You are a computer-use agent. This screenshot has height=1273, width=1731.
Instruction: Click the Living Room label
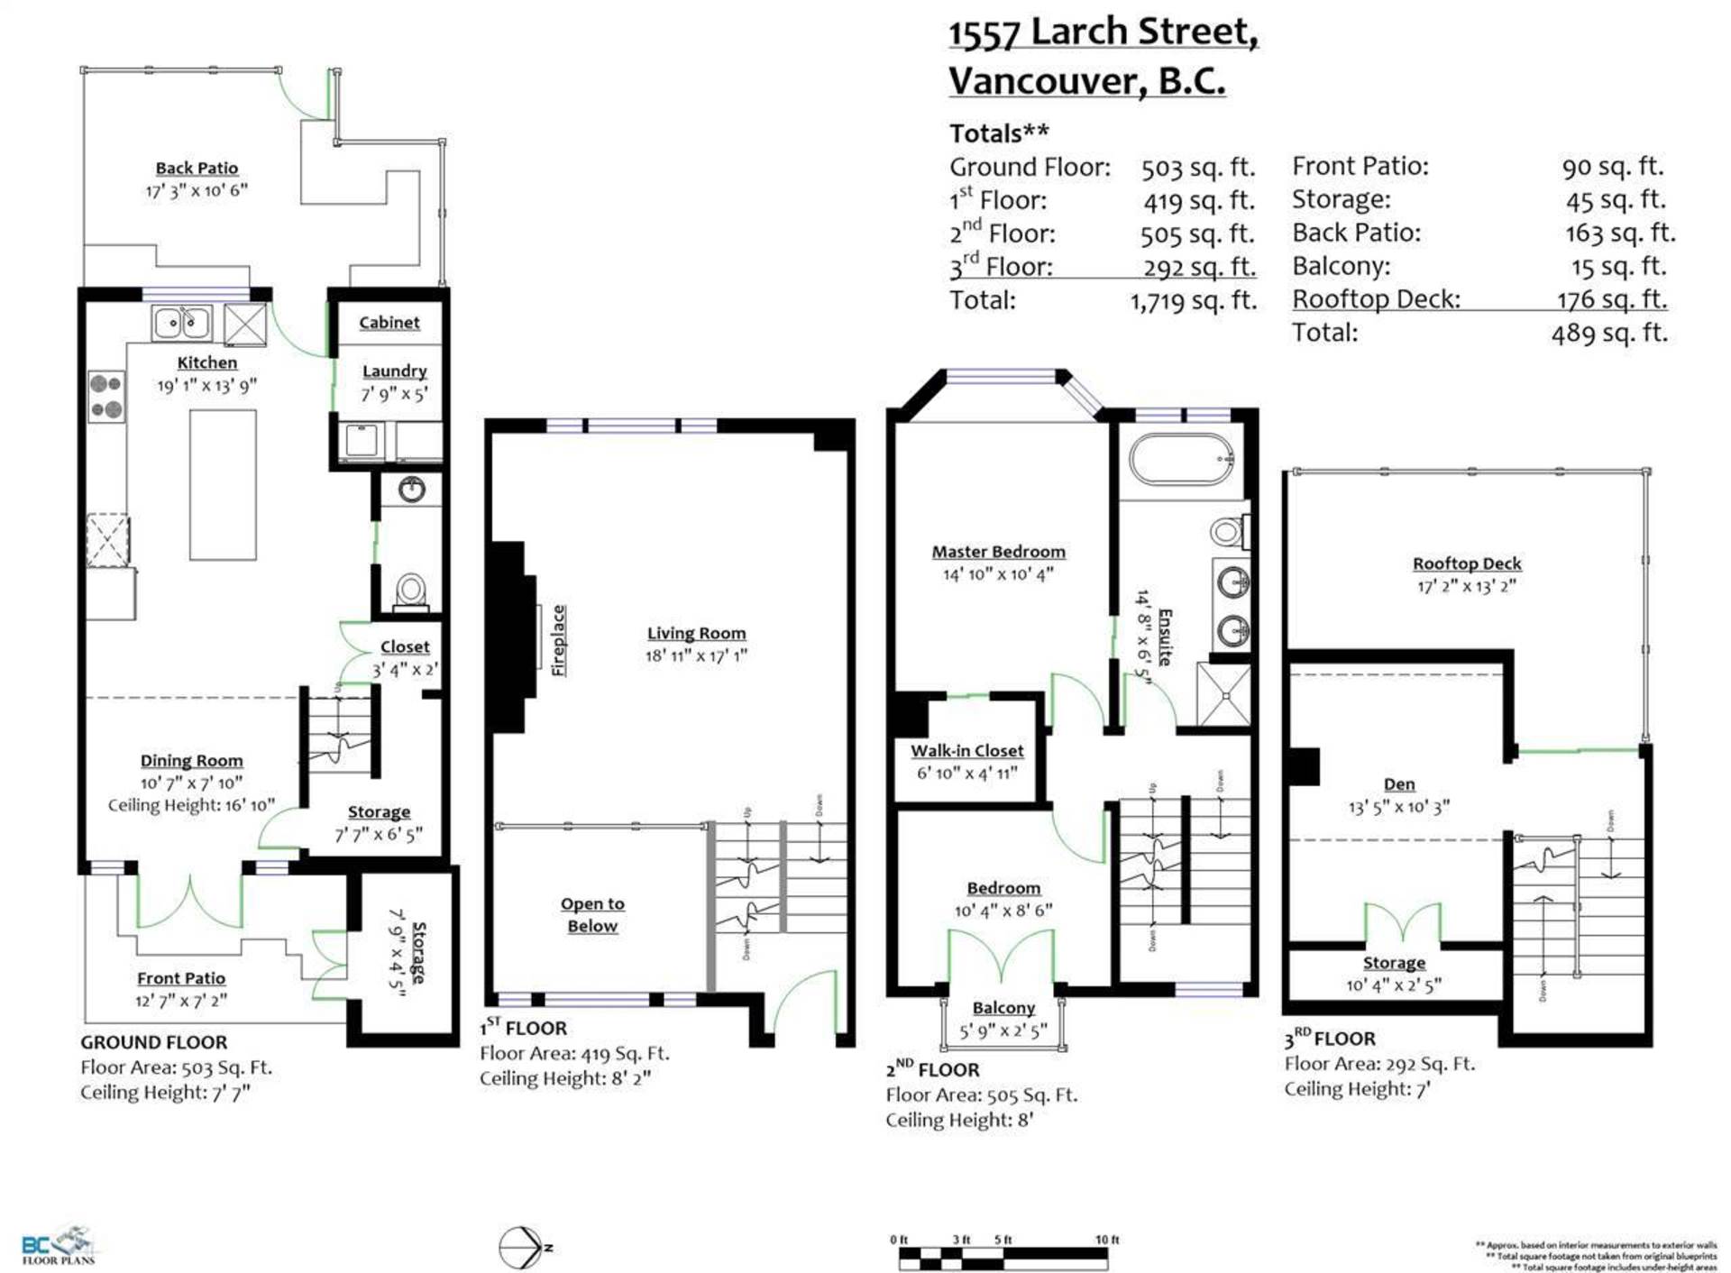point(696,633)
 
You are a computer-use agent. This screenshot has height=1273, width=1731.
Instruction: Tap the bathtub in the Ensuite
point(1182,460)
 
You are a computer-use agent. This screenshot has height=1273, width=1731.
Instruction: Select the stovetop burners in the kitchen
point(106,397)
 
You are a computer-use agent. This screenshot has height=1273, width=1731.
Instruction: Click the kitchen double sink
point(181,322)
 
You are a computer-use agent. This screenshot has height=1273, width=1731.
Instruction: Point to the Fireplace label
point(559,640)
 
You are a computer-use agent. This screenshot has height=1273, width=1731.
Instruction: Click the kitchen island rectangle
point(223,484)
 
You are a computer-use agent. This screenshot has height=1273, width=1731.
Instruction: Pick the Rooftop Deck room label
point(1467,563)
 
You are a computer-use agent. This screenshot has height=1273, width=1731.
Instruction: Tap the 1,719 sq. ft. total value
point(1194,300)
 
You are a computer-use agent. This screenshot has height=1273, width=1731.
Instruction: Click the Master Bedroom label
point(998,551)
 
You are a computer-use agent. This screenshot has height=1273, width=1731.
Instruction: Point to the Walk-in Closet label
point(966,750)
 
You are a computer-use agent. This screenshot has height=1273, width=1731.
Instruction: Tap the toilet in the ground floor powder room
point(411,591)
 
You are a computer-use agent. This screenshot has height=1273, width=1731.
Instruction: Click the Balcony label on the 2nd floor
point(1003,1008)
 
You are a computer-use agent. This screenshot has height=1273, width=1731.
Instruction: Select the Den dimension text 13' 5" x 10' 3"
point(1398,807)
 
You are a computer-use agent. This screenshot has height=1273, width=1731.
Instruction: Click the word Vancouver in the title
point(1047,81)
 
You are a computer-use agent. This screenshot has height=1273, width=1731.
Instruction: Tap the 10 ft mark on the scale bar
point(1107,1240)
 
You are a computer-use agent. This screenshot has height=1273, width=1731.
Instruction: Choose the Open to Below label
point(592,914)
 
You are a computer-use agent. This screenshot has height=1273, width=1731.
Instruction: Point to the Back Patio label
point(197,168)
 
